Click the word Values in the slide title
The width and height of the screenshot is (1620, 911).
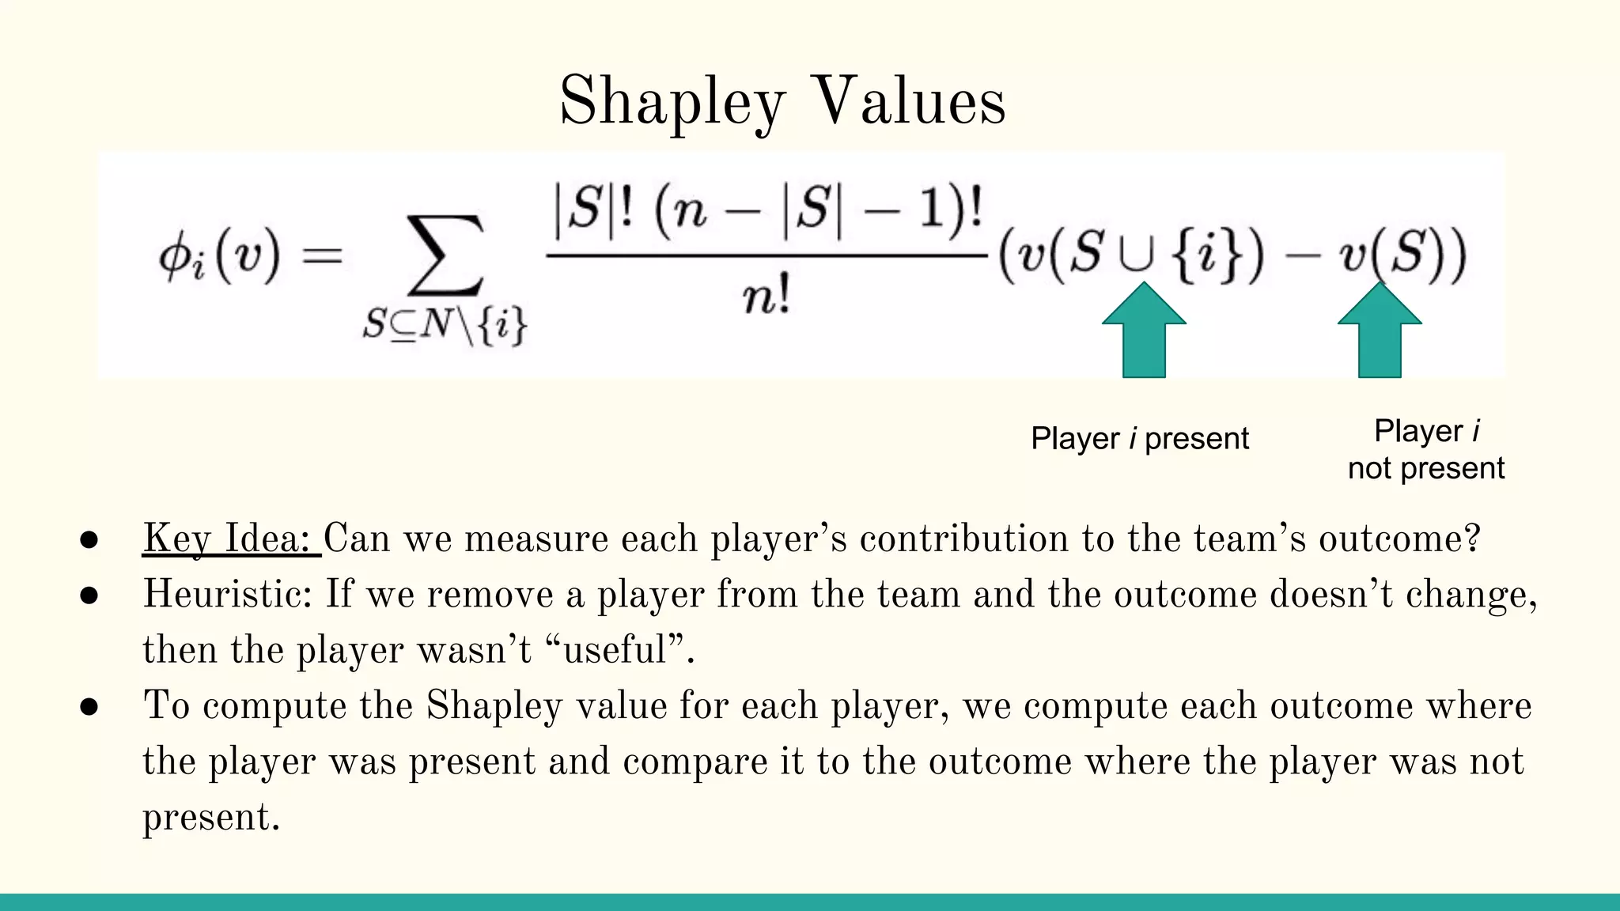[x=910, y=103]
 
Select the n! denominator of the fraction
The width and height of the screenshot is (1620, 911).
[x=766, y=298]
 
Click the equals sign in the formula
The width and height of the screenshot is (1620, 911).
[x=323, y=255]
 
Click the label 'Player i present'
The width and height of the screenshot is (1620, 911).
[x=1139, y=439]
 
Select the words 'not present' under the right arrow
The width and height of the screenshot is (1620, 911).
[x=1425, y=469]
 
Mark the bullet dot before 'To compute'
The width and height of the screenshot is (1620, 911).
[x=89, y=707]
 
